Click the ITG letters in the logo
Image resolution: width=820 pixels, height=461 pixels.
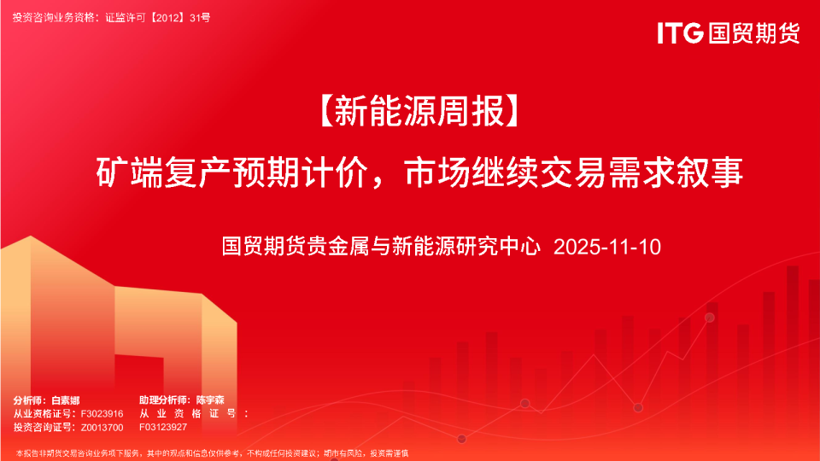pyautogui.click(x=680, y=32)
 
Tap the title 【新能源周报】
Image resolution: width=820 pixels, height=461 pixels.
pyautogui.click(x=419, y=111)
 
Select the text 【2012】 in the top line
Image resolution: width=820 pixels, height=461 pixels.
pyautogui.click(x=167, y=18)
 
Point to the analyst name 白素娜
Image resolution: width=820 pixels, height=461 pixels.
pyautogui.click(x=66, y=400)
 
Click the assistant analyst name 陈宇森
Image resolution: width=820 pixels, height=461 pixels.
pyautogui.click(x=210, y=400)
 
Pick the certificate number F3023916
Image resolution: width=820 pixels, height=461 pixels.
pyautogui.click(x=102, y=414)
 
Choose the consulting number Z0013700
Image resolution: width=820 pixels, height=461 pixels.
pyautogui.click(x=102, y=428)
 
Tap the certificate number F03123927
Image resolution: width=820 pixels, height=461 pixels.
pyautogui.click(x=163, y=427)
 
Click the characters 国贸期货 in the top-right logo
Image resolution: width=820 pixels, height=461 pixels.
pyautogui.click(x=754, y=33)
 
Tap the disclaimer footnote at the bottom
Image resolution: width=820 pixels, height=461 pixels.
pyautogui.click(x=212, y=453)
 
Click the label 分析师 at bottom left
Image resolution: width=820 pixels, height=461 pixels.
pyautogui.click(x=27, y=400)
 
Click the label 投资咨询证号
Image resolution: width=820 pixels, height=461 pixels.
pyautogui.click(x=44, y=428)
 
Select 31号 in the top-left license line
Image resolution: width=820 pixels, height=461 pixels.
pyautogui.click(x=200, y=18)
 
